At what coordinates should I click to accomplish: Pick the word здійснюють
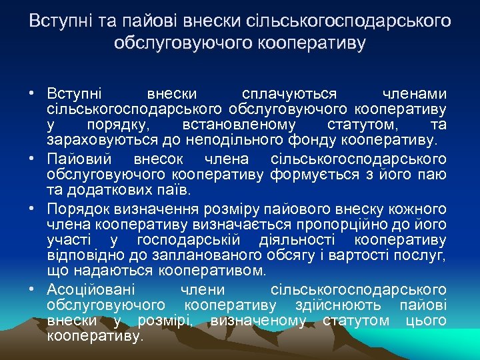tap(338, 305)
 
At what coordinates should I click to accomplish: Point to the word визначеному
tap(258, 321)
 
